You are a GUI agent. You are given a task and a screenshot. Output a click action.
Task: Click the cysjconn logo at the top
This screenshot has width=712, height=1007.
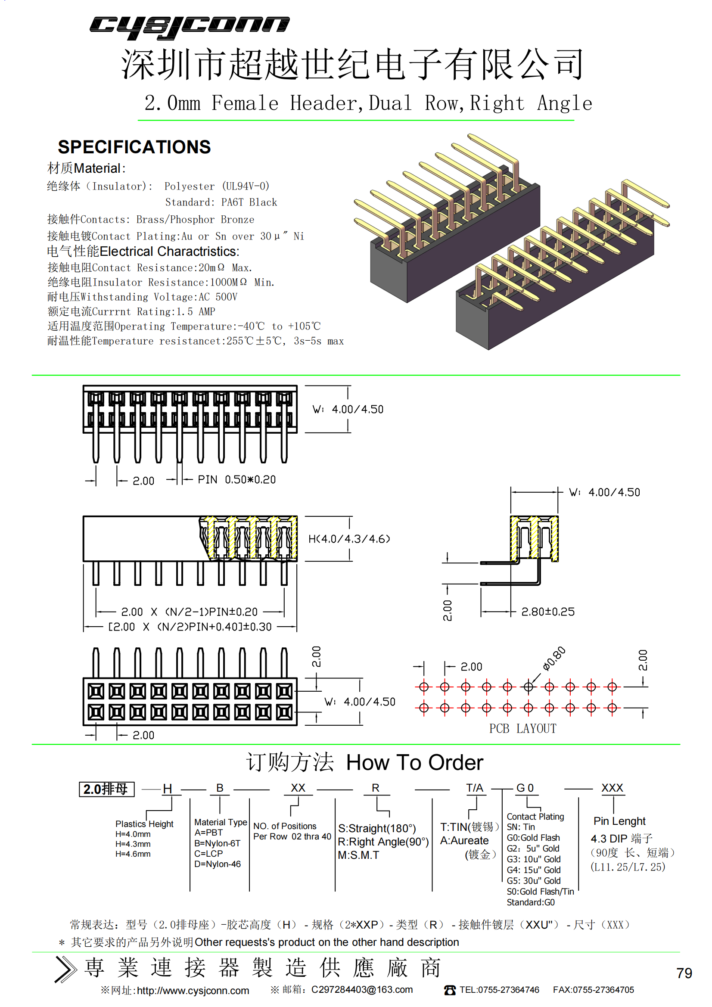(189, 27)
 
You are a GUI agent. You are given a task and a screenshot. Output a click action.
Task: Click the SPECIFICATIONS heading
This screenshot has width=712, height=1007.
(134, 147)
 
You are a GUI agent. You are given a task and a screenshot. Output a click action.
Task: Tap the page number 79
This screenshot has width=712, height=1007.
(684, 973)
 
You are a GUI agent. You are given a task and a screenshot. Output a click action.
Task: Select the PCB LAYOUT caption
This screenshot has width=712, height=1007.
(522, 728)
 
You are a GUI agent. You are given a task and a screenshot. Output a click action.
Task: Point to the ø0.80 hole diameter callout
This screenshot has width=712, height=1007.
(554, 658)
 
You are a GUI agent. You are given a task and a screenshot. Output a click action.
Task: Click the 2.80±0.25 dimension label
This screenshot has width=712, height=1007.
(547, 612)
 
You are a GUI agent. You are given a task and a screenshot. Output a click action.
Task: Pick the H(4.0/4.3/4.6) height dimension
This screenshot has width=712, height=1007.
(349, 538)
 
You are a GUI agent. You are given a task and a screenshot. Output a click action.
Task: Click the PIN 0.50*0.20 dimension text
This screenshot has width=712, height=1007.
(236, 480)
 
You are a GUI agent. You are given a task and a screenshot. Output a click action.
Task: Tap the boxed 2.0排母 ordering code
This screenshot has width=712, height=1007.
(106, 789)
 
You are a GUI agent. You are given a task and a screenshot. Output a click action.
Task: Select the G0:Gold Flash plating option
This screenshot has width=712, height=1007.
(533, 838)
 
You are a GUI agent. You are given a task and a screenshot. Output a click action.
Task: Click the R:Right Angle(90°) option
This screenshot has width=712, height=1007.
(383, 842)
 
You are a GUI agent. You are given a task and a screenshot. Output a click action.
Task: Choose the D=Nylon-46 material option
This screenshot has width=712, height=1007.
(218, 864)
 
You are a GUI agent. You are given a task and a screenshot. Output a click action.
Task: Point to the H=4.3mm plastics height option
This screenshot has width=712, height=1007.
(133, 844)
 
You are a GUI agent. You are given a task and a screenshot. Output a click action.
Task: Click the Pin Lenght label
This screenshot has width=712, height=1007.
(619, 821)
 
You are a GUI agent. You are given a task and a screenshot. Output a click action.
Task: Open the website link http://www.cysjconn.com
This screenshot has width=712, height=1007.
(193, 991)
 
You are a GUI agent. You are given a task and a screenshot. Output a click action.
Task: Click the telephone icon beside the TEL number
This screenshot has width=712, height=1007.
(450, 990)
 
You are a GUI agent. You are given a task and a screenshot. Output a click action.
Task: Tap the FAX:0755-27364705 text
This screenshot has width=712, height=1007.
(593, 990)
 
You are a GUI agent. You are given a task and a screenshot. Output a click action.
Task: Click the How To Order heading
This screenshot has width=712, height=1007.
(414, 763)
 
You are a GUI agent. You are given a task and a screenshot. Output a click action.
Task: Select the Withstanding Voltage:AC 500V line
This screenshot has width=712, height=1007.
(143, 297)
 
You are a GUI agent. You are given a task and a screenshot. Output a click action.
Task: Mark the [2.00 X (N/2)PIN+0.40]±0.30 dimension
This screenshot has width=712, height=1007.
(190, 627)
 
